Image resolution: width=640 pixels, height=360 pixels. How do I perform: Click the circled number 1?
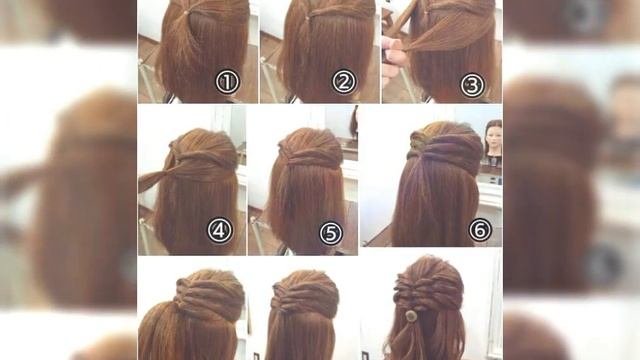(x=227, y=82)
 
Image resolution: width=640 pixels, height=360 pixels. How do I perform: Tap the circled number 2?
(x=344, y=82)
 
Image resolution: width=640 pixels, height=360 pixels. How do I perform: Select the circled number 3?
(x=472, y=85)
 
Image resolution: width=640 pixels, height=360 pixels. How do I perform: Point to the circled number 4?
(x=220, y=230)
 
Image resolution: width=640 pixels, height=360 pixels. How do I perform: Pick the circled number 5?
(x=331, y=233)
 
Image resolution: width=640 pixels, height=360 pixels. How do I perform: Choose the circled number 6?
(x=480, y=230)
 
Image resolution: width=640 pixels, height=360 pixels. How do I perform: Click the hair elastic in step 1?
(x=186, y=13)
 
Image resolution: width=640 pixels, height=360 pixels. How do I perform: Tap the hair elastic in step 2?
(x=307, y=17)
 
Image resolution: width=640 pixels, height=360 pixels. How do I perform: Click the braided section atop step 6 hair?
(x=420, y=140)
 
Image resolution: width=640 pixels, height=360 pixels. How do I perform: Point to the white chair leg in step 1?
(x=145, y=80)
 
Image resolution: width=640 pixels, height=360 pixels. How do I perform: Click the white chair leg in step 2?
(x=268, y=80)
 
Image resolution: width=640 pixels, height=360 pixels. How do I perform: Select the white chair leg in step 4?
(x=146, y=237)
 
